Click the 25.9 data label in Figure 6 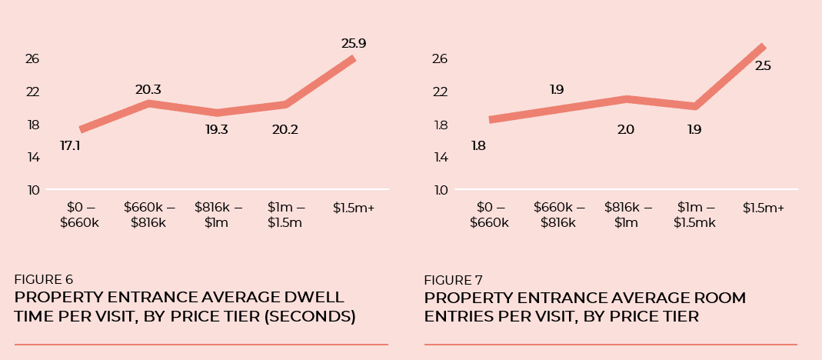click(x=354, y=44)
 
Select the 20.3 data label click(x=148, y=90)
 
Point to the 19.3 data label click(x=216, y=129)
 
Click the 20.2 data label click(x=285, y=129)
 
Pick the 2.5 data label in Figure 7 click(x=763, y=66)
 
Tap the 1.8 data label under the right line click(x=478, y=145)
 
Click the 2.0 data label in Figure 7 click(x=625, y=129)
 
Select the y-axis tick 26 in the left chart click(x=32, y=59)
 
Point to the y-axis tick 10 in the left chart click(x=32, y=190)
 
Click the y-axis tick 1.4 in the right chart click(x=441, y=157)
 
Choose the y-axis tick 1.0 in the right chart click(x=441, y=190)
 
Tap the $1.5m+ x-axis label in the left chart click(x=354, y=208)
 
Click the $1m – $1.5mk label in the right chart click(x=695, y=215)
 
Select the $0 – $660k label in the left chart click(x=80, y=215)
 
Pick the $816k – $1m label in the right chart click(x=627, y=215)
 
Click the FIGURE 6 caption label click(x=44, y=279)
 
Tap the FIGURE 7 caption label click(x=453, y=280)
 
